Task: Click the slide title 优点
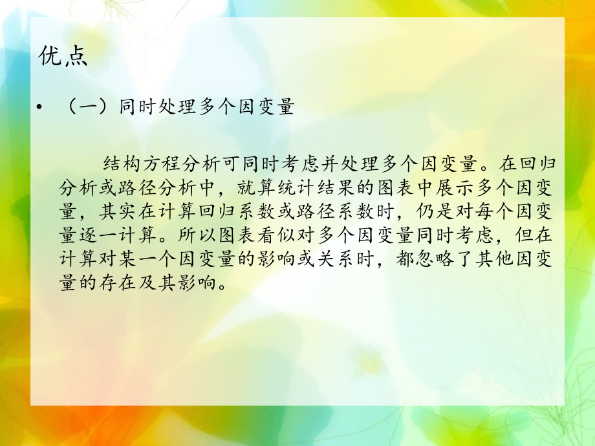coord(63,58)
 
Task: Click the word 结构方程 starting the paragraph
coord(145,162)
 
